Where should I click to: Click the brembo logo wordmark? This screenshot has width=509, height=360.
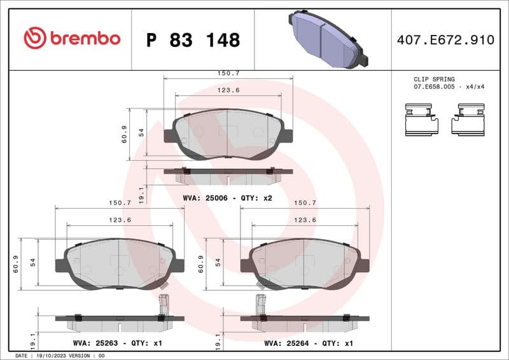pos(71,39)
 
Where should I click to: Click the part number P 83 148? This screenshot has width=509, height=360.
pos(193,40)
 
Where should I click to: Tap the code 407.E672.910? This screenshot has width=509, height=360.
pos(445,40)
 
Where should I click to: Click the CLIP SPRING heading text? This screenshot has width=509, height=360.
pos(434,80)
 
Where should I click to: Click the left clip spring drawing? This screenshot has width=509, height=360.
pos(422,119)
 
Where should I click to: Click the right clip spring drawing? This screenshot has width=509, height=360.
pos(469,119)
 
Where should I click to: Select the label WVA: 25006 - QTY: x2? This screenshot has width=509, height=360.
pos(228,198)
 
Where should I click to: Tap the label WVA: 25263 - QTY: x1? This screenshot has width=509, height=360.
pos(118,343)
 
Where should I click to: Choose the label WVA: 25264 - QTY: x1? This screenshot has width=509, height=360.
pos(309,343)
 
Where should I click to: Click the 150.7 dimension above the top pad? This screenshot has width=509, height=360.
pos(228,74)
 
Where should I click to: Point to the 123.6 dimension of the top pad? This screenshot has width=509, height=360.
pos(228,90)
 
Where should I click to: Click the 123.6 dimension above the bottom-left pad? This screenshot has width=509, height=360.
pos(119,219)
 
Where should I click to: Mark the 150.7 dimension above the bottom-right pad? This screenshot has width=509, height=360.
pos(304,203)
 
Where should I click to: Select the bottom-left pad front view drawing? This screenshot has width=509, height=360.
pos(119,263)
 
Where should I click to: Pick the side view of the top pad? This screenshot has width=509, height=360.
pos(228,171)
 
